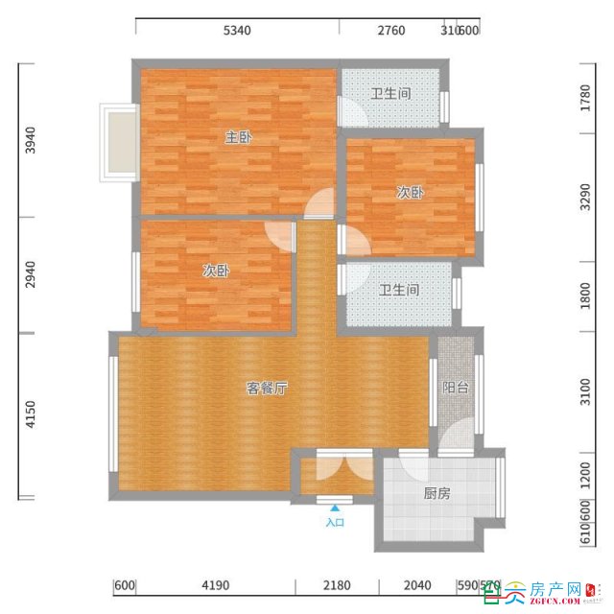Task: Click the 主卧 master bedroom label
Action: coord(238,138)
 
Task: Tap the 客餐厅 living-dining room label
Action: coord(268,389)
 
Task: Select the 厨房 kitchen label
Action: coord(437,494)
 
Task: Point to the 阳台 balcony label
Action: coord(455,389)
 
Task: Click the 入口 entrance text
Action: coord(334,523)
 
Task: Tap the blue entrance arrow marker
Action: coord(334,508)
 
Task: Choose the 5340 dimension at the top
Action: coord(237,31)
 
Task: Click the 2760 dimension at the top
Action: coord(390,31)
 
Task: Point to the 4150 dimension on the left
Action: coord(31,415)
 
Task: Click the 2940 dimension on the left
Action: coord(31,275)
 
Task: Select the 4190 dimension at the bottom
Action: coord(214,585)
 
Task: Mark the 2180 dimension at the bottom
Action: coord(337,585)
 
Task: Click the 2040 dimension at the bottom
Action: coord(417,585)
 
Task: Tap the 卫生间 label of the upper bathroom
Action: coord(391,94)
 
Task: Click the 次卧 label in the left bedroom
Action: coord(216,272)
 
